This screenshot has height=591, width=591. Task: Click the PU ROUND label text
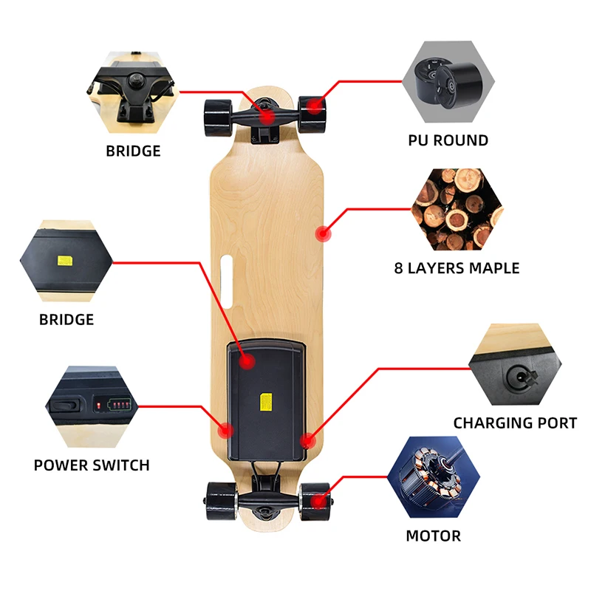click(448, 140)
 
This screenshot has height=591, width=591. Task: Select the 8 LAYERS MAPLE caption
click(457, 268)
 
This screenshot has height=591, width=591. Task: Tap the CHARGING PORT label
click(515, 423)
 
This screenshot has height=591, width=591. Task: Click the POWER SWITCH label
click(92, 465)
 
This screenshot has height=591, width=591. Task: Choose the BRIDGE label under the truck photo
click(133, 151)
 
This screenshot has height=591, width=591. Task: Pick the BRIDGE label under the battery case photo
click(66, 320)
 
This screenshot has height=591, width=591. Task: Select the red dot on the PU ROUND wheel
click(315, 107)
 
